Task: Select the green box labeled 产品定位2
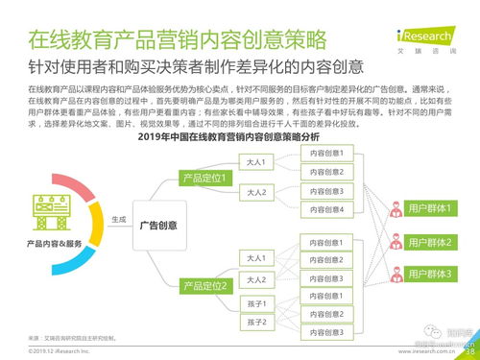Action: [x=208, y=286]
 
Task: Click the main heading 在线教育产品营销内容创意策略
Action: [x=175, y=40]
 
